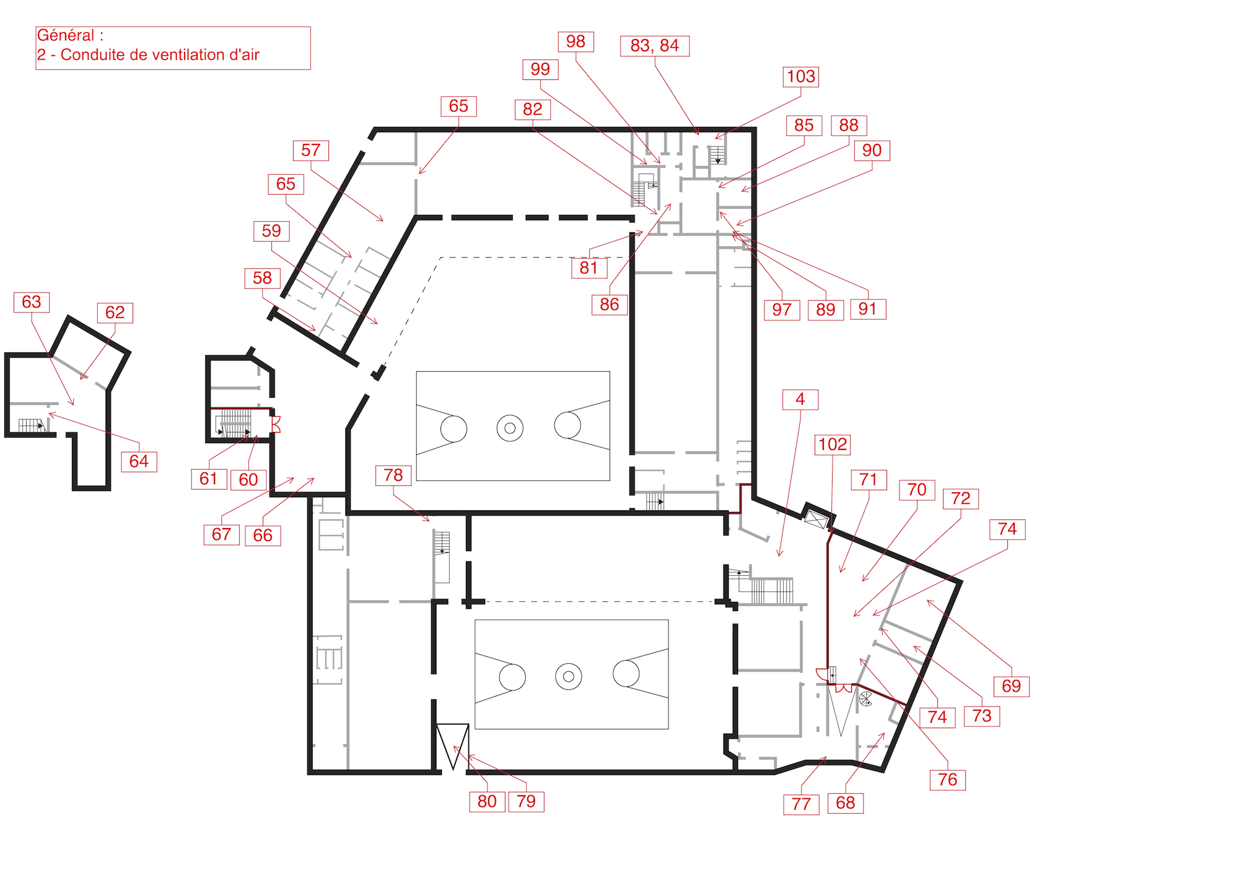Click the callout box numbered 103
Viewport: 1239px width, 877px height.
[800, 77]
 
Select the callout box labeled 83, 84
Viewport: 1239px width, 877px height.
[654, 46]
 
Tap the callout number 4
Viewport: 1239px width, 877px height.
[800, 400]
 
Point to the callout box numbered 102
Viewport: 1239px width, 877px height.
[832, 445]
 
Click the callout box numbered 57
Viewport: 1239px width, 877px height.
[310, 151]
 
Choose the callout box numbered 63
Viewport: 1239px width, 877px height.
[32, 302]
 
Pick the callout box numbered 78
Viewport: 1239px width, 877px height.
[393, 475]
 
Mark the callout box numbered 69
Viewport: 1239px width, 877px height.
[1011, 687]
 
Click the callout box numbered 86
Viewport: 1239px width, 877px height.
[609, 305]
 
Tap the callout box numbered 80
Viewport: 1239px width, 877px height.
[487, 802]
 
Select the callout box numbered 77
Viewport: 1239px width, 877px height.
[800, 804]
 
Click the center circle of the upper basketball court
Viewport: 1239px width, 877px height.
[510, 428]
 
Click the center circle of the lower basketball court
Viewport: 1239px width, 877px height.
[568, 676]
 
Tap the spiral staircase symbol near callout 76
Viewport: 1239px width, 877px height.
[865, 699]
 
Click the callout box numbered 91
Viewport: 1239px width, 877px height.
[868, 309]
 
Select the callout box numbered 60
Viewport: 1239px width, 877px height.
[248, 480]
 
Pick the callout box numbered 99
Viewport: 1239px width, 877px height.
[540, 69]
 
